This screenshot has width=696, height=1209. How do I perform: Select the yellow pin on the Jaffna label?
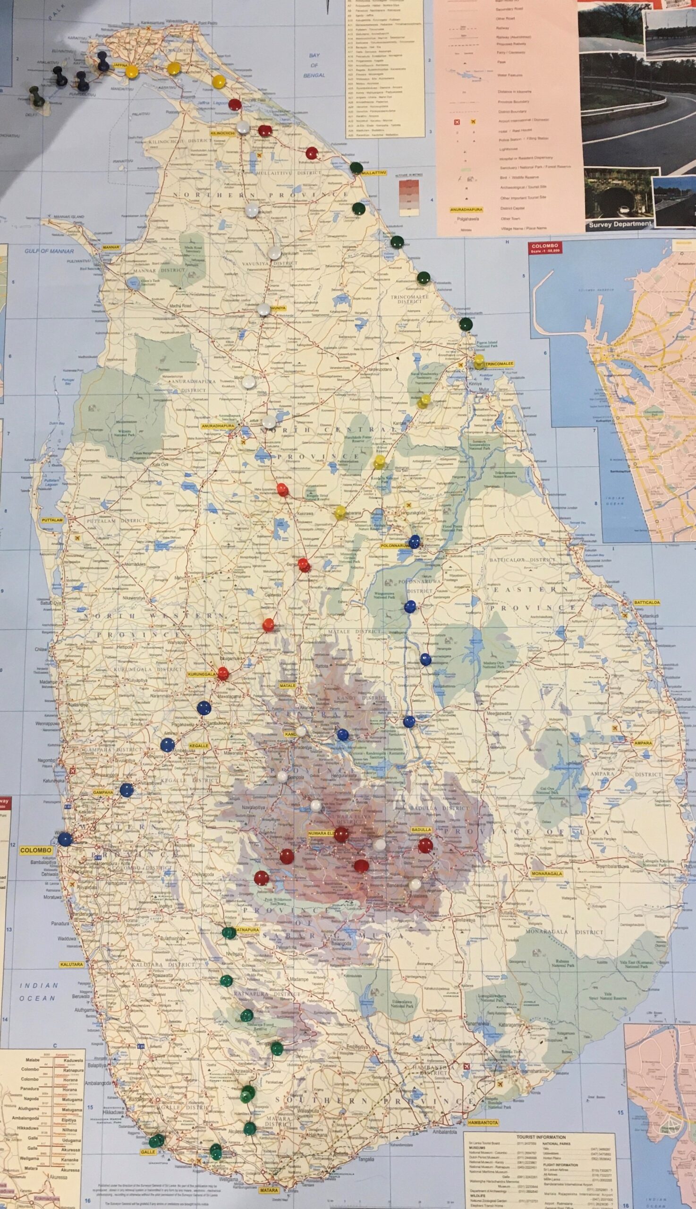click(x=132, y=70)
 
